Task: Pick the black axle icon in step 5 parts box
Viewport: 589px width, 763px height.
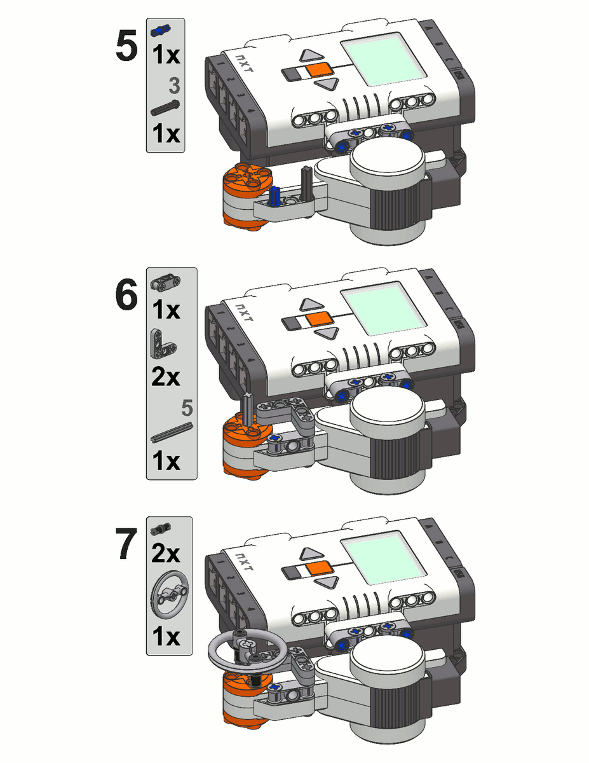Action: pyautogui.click(x=165, y=108)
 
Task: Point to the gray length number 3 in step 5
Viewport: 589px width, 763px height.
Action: pyautogui.click(x=173, y=86)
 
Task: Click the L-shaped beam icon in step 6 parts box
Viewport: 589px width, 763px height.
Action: pyautogui.click(x=163, y=344)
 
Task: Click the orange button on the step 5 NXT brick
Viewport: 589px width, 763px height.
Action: pyautogui.click(x=316, y=71)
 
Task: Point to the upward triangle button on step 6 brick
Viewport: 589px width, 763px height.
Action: pyautogui.click(x=313, y=305)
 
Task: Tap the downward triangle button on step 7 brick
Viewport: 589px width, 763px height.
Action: pyautogui.click(x=325, y=582)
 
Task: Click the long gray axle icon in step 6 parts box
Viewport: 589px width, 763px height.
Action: pyautogui.click(x=172, y=432)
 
